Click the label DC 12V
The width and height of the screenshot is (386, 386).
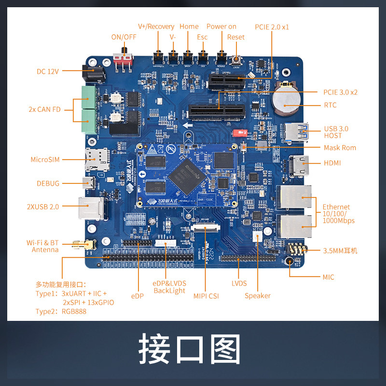[47, 71]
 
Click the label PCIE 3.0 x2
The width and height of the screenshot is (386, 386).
[341, 92]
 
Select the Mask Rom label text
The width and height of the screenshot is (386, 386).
[340, 148]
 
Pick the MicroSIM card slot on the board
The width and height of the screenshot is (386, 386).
[96, 158]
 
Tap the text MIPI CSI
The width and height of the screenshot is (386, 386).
[206, 296]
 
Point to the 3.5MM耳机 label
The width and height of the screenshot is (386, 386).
[340, 250]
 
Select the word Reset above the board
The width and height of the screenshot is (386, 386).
[236, 37]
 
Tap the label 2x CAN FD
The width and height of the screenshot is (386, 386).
[45, 110]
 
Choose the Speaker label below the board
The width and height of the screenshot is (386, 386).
[258, 296]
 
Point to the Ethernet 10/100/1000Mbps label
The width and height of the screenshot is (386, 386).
[338, 214]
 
